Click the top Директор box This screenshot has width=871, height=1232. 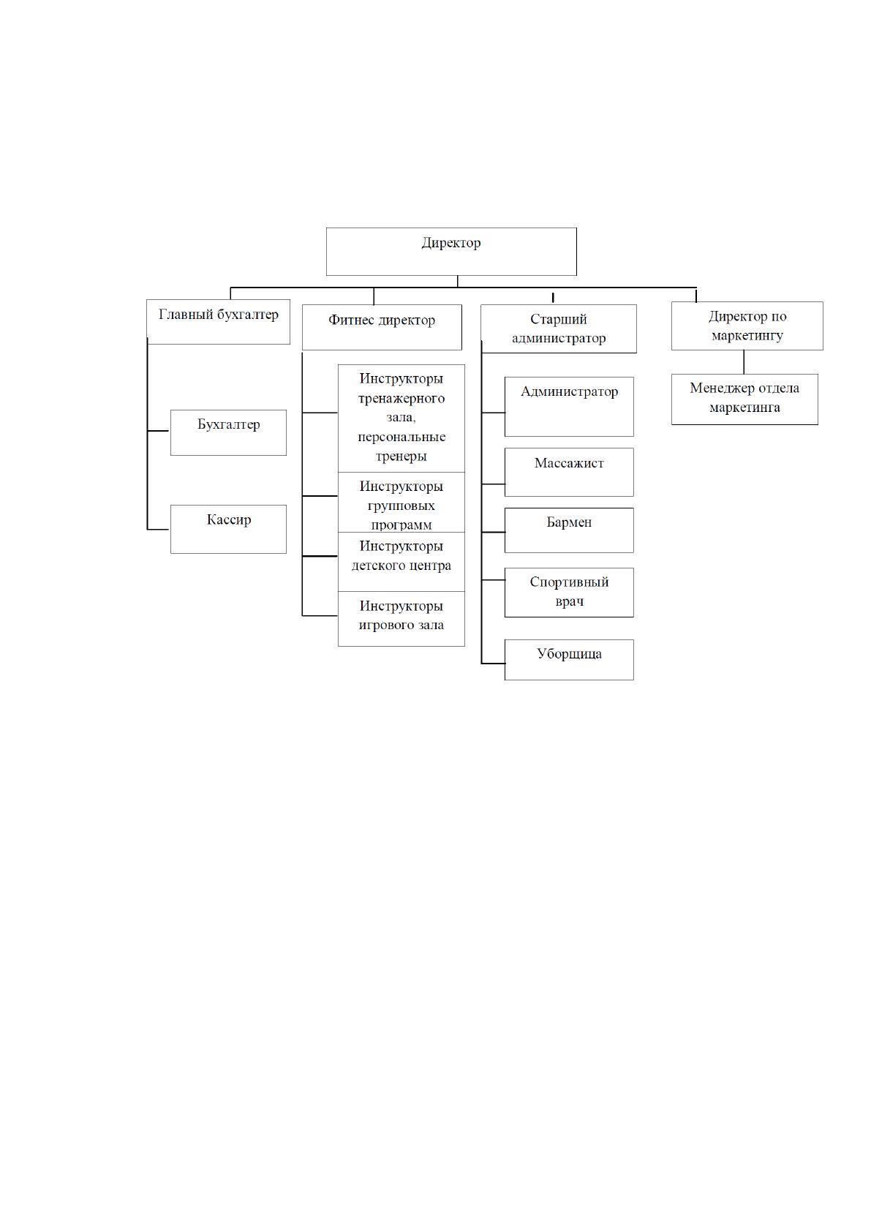(x=451, y=252)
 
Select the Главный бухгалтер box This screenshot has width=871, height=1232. (x=219, y=322)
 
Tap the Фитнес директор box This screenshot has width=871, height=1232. (x=382, y=327)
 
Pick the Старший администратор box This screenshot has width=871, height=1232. (x=559, y=329)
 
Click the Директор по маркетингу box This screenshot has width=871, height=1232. (x=747, y=326)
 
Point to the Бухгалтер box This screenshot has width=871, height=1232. (x=228, y=432)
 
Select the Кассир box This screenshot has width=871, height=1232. (x=228, y=529)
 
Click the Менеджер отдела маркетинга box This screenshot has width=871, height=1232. (x=744, y=399)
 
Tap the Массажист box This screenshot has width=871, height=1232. (x=569, y=472)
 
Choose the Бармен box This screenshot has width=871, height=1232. (x=569, y=530)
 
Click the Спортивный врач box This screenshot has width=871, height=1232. (x=569, y=593)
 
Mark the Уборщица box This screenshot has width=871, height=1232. (x=569, y=659)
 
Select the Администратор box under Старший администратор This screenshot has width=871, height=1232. (x=569, y=407)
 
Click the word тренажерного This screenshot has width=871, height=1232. (x=401, y=399)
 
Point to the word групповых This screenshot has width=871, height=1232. (x=401, y=506)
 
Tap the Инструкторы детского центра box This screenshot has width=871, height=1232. (x=401, y=562)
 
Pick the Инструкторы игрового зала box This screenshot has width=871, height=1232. (x=401, y=619)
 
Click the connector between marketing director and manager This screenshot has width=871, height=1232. (x=744, y=362)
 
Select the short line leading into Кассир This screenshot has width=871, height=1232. (x=159, y=529)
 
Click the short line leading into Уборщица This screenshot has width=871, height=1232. (x=493, y=664)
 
